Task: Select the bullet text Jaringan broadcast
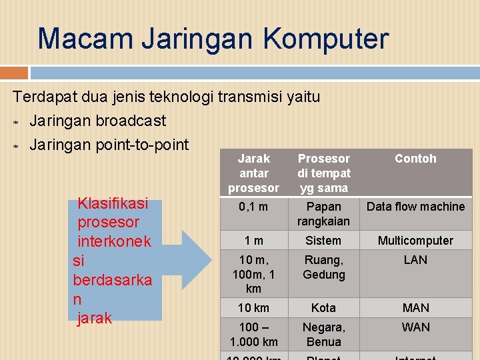click(97, 121)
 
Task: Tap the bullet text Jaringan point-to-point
click(109, 144)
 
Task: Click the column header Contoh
click(415, 159)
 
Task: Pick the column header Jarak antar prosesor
click(254, 173)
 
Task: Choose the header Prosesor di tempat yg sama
click(323, 173)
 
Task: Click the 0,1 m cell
click(254, 207)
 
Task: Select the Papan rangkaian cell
click(323, 213)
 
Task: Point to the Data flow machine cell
click(415, 207)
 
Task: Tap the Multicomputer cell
click(415, 241)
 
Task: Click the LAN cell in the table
click(415, 260)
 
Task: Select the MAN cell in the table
click(415, 308)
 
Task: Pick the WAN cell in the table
click(415, 327)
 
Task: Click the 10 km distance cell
click(254, 308)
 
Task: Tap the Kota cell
click(323, 308)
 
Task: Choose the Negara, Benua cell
click(323, 334)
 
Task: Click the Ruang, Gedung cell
click(323, 267)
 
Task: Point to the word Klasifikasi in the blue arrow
click(113, 203)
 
